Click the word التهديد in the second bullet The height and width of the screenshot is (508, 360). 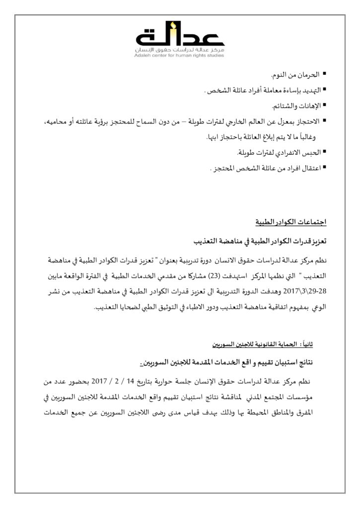coord(308,91)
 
